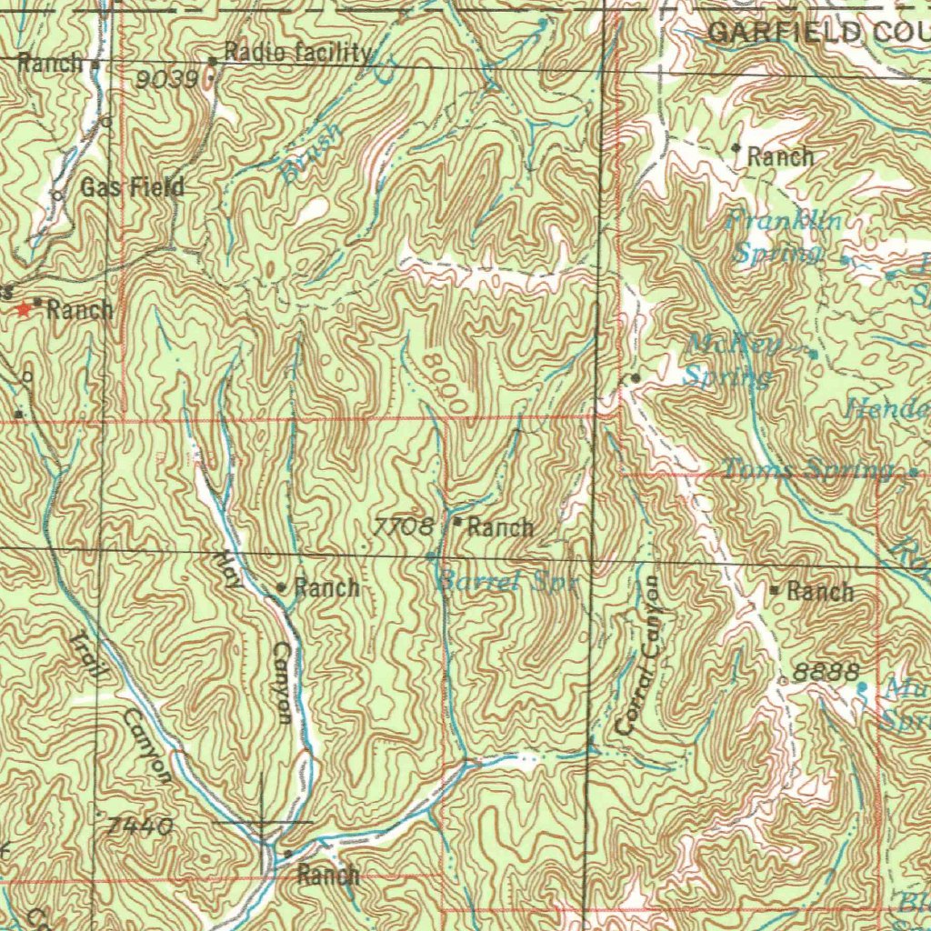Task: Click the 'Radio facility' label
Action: click(297, 53)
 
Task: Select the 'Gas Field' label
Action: click(133, 188)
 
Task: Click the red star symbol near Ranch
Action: click(23, 309)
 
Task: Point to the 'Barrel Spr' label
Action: click(506, 582)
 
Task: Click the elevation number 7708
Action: click(403, 526)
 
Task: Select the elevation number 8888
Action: click(826, 673)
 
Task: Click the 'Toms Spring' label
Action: click(808, 469)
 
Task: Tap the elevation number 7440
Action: click(140, 827)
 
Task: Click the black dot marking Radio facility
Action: click(213, 61)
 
